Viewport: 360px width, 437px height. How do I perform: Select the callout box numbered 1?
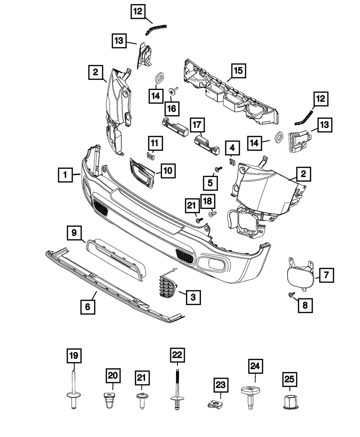pos(65,175)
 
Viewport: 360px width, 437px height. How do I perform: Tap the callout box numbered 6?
pos(88,307)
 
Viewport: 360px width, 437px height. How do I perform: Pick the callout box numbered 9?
pos(74,233)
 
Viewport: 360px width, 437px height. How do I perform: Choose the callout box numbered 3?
pos(193,297)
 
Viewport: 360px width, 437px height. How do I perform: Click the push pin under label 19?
pos(73,391)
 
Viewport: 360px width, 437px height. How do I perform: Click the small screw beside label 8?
pos(291,295)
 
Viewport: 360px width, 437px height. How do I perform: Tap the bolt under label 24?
pos(249,396)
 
